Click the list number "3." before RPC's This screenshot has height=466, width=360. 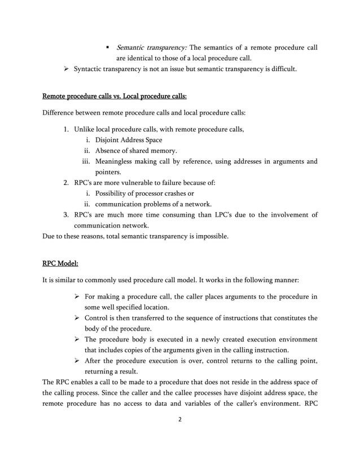click(x=66, y=214)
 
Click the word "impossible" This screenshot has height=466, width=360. click(x=209, y=236)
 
